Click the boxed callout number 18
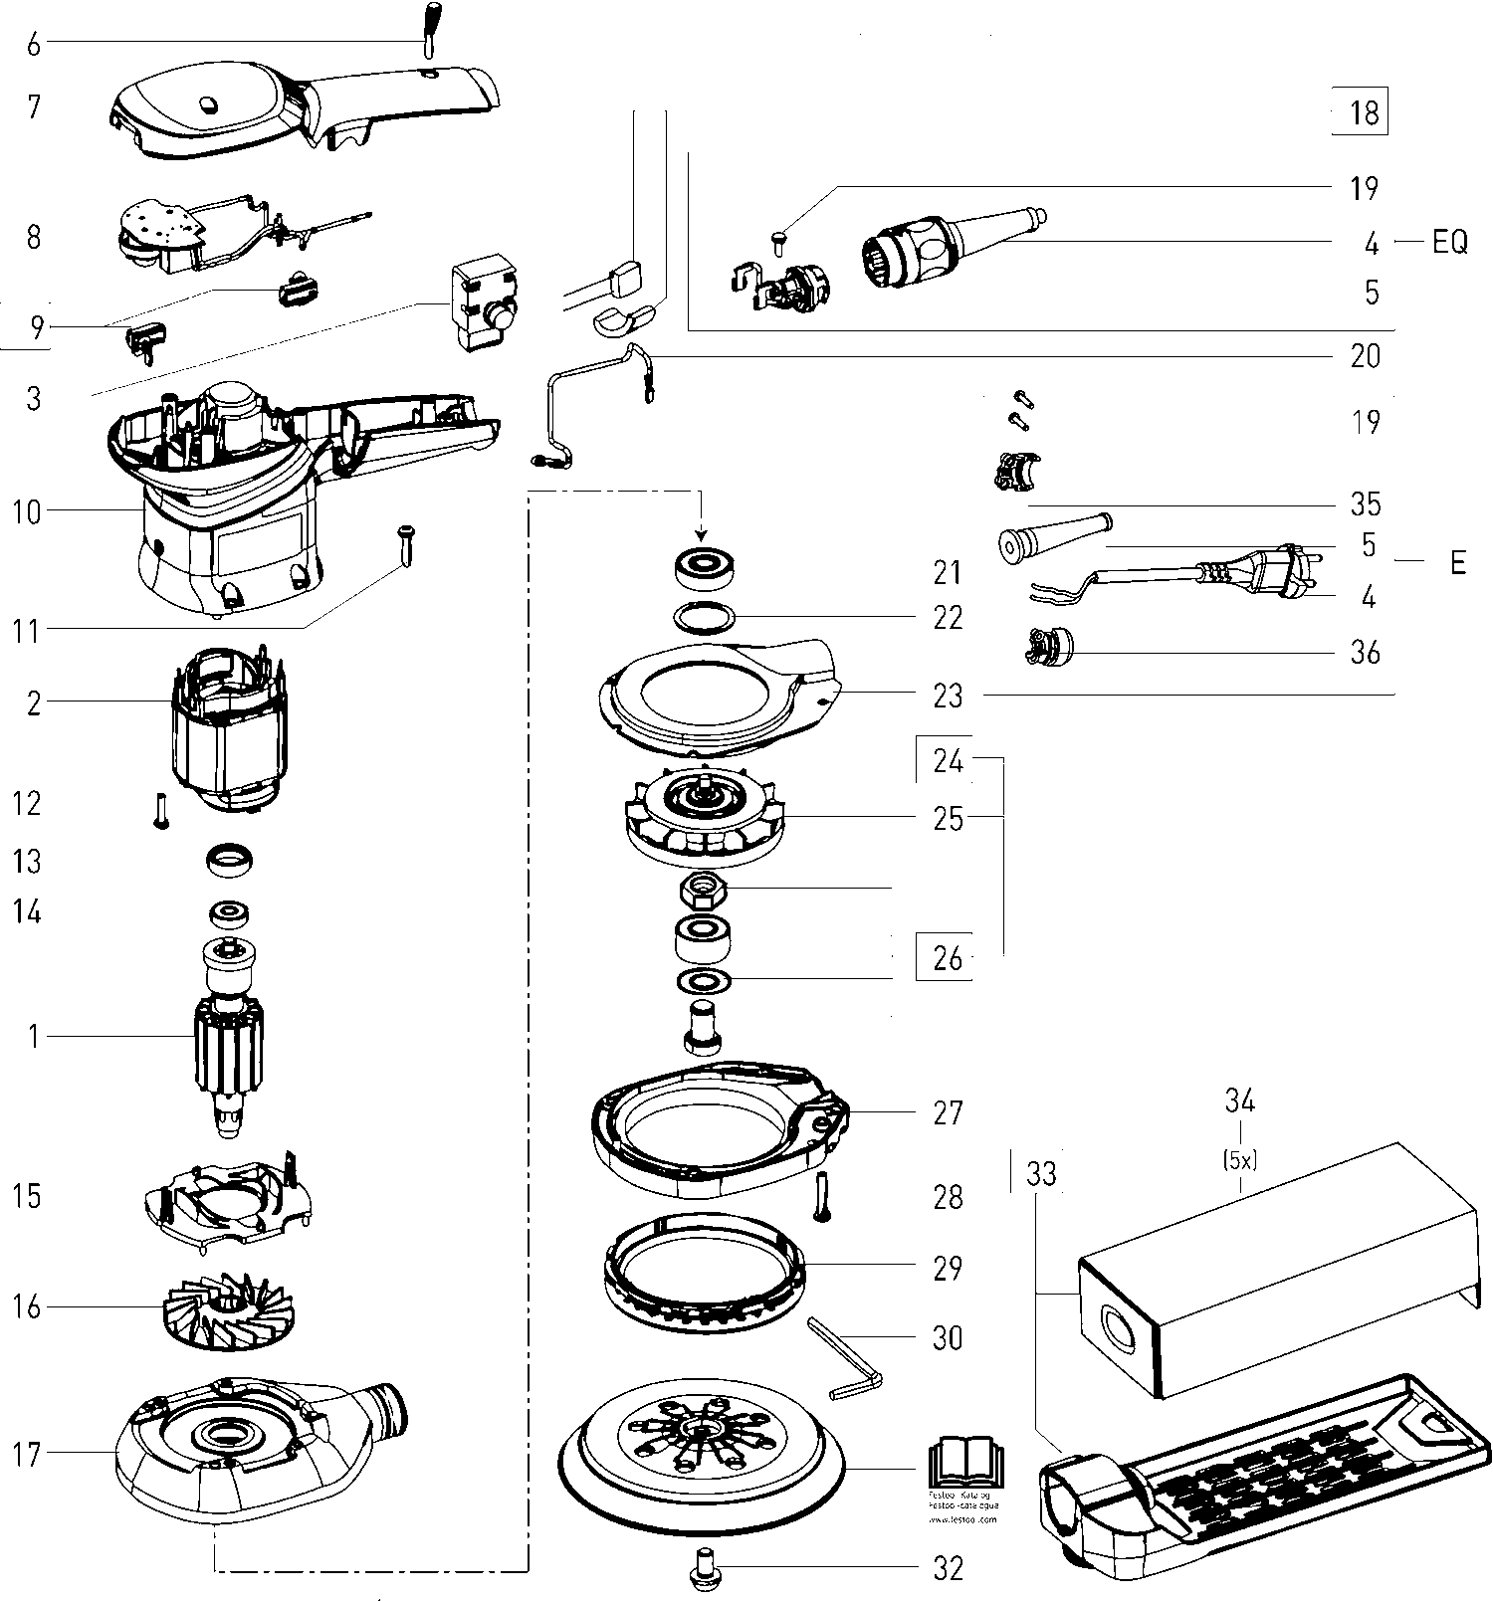tap(1362, 112)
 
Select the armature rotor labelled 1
tap(229, 1035)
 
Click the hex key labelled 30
tap(847, 1356)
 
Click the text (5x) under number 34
tap(1239, 1158)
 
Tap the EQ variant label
tap(1449, 242)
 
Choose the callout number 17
tap(27, 1454)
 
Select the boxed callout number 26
tap(947, 958)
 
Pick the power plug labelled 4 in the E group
tap(1289, 574)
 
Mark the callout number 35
tap(1366, 503)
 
